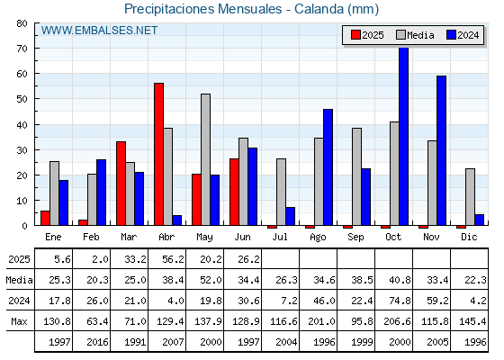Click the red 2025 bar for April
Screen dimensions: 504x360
(158, 154)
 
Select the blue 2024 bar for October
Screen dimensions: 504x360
(404, 136)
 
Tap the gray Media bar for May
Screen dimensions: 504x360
(206, 159)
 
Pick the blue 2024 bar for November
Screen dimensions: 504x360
(441, 150)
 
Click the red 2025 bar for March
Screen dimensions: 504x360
(121, 184)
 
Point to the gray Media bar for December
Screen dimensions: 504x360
(470, 197)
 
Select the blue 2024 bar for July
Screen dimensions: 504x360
(290, 216)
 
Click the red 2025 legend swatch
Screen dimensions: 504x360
(355, 35)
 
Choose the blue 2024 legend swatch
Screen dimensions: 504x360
(451, 35)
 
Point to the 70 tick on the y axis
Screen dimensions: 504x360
(22, 49)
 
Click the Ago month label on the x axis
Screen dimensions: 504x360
(318, 238)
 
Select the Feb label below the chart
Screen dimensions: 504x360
(91, 237)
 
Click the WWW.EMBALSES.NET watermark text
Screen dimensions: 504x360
(99, 31)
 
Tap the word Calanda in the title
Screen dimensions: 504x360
(319, 9)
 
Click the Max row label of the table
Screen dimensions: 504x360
(19, 321)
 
